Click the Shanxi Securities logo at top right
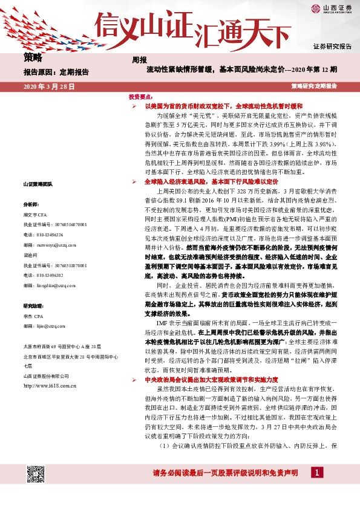pos(332,8)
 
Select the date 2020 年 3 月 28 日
pos(48,86)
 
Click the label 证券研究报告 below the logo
pos(332,46)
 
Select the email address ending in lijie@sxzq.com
pos(50,326)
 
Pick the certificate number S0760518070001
pos(56,265)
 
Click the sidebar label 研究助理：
pos(33,306)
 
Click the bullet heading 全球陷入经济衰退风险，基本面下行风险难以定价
pos(211,181)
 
